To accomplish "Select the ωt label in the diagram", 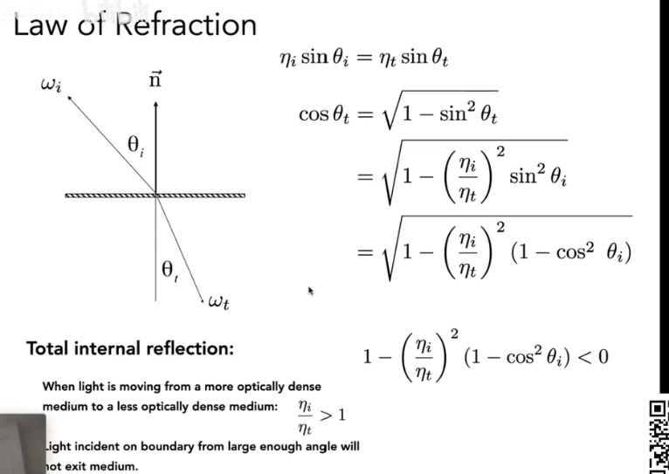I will point(218,302).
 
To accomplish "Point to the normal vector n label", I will point(155,81).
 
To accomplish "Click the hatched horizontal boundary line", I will point(155,196).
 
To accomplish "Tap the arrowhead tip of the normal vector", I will point(155,102).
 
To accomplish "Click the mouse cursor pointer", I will point(310,292).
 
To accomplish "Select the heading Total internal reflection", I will point(130,348).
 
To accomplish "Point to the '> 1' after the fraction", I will point(333,415).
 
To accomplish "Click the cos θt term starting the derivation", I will point(328,114).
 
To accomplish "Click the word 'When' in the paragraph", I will point(58,386).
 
